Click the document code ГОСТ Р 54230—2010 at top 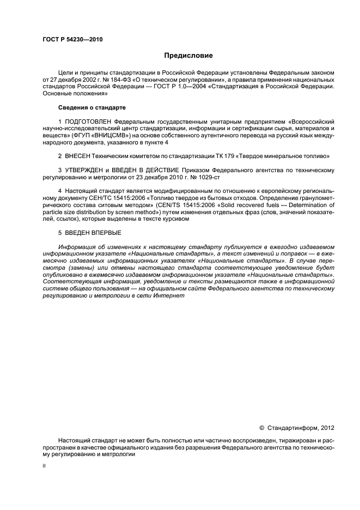coord(72,40)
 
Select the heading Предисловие coord(188,56)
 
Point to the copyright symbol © coord(261,428)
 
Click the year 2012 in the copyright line coord(326,428)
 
